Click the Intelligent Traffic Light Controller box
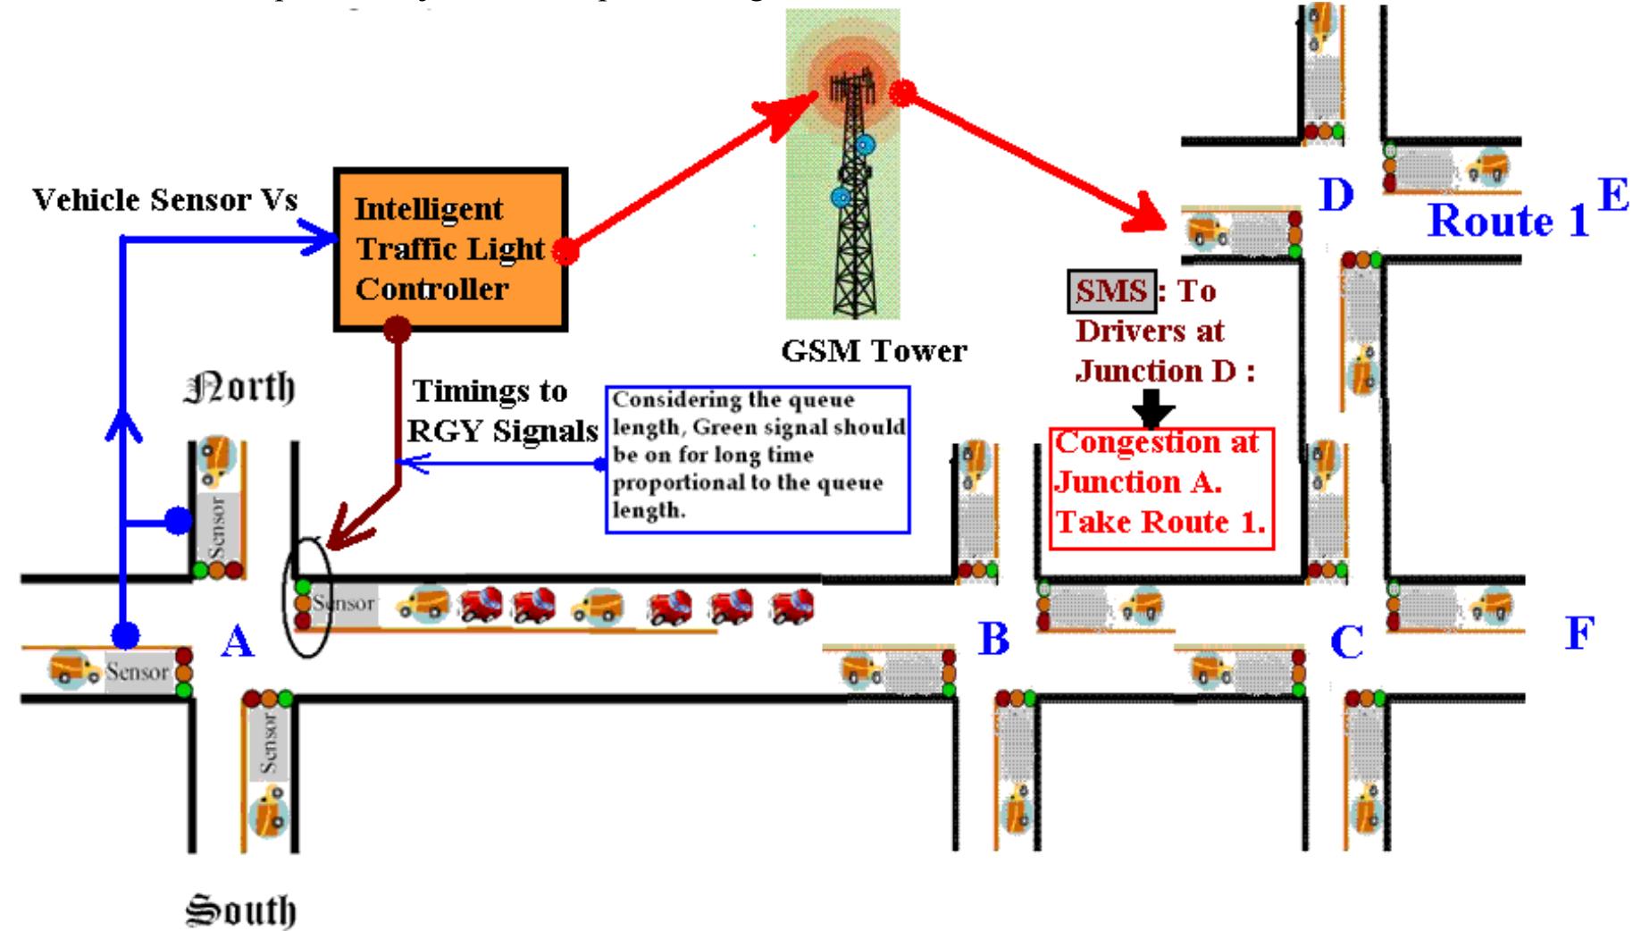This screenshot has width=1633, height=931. click(x=450, y=249)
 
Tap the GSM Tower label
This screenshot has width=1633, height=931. click(x=873, y=350)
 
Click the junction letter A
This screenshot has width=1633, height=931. click(x=237, y=641)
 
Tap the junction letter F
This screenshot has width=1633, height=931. click(x=1579, y=633)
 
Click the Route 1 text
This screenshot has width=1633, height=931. click(x=1508, y=221)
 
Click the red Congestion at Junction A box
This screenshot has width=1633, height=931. click(x=1160, y=487)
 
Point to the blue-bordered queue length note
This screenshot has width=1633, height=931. click(x=758, y=459)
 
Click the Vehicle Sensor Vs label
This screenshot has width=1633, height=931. click(x=164, y=200)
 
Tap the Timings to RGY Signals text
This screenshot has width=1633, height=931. click(x=502, y=411)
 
